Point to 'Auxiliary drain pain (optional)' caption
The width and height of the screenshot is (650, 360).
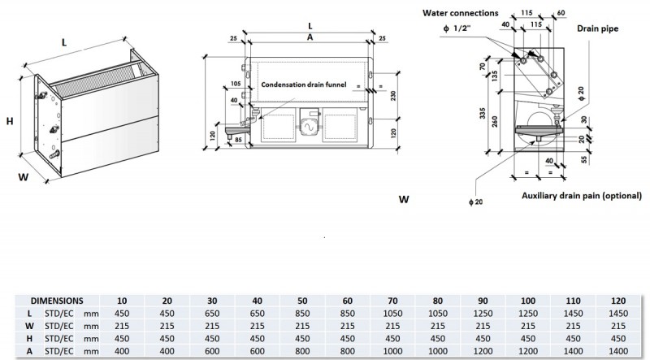coord(583,196)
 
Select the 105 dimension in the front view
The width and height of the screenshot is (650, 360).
coord(236,84)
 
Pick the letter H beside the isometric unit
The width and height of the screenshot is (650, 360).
coord(10,121)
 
